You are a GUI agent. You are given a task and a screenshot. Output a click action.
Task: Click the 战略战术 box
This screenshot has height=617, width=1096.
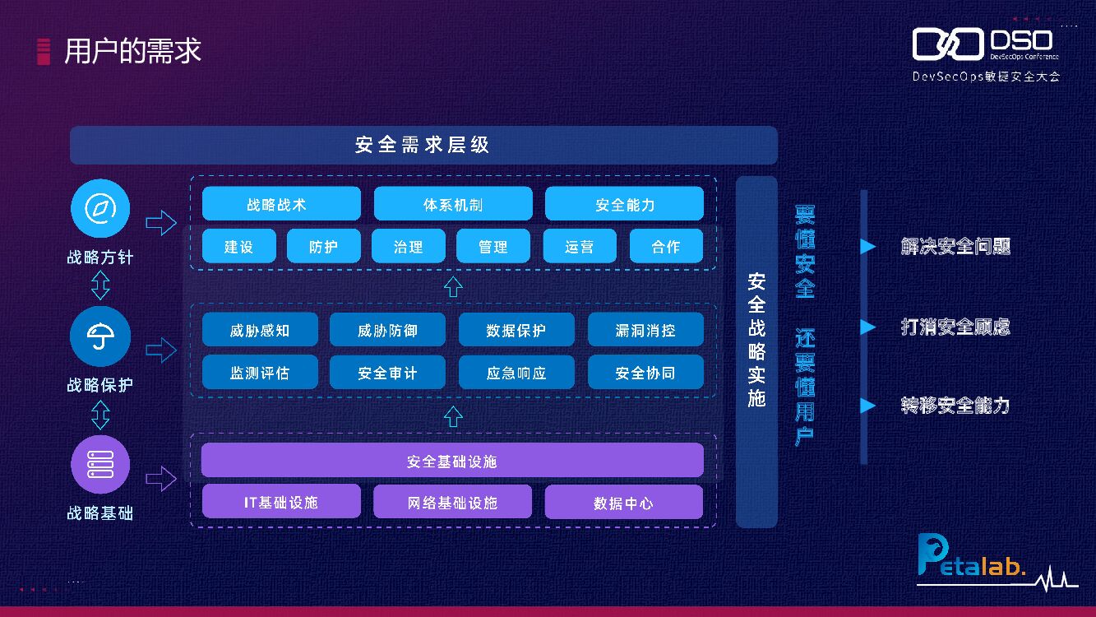[x=281, y=204]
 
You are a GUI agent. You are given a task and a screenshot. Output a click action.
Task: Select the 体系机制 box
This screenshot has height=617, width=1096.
[x=453, y=204]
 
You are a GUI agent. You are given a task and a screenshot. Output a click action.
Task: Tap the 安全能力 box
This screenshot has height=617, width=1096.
[x=624, y=204]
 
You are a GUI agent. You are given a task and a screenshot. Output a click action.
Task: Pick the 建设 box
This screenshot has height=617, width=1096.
[x=238, y=246]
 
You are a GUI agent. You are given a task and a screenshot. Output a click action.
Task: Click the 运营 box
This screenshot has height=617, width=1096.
[x=580, y=246]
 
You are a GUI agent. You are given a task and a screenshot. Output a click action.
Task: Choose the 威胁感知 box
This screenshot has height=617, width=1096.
[x=260, y=330]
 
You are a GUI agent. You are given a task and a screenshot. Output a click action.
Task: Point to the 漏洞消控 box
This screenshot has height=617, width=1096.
[x=645, y=330]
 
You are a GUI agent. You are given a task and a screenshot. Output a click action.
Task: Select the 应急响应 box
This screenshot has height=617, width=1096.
[x=516, y=372]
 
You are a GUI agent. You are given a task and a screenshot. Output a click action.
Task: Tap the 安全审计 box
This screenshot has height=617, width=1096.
[x=387, y=372]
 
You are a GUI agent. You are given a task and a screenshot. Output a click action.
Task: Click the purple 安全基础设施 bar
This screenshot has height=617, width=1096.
[x=452, y=461]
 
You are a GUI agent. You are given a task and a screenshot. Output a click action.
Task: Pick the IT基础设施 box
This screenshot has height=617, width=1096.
[x=281, y=502]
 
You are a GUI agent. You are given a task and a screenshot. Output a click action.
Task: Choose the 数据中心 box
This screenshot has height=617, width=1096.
[x=624, y=502]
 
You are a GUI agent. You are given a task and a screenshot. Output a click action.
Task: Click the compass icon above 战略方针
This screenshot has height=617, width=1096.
[x=100, y=208]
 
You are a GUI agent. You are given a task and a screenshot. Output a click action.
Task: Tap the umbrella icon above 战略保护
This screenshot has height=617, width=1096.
[x=100, y=336]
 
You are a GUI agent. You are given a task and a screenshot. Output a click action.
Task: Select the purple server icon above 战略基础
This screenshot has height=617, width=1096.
[x=100, y=464]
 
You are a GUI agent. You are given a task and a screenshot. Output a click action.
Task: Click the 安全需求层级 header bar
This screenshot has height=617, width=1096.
[x=423, y=145]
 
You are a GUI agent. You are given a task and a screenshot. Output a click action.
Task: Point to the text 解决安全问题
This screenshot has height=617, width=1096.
[x=955, y=246]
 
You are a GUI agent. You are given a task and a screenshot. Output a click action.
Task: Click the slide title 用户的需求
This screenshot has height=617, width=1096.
[x=132, y=51]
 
